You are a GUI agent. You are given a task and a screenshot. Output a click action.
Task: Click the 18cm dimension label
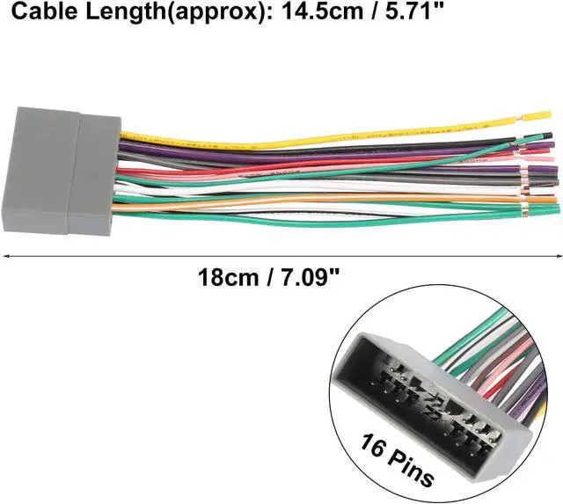point(229,277)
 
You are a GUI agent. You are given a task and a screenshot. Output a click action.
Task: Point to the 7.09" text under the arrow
point(310,277)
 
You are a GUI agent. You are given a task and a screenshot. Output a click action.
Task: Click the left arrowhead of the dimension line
point(6,256)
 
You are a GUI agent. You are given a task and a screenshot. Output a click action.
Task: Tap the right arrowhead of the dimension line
point(559,256)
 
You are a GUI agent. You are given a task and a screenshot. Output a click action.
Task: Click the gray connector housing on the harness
point(62,170)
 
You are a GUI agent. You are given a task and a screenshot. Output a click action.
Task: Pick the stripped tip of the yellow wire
point(537,116)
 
